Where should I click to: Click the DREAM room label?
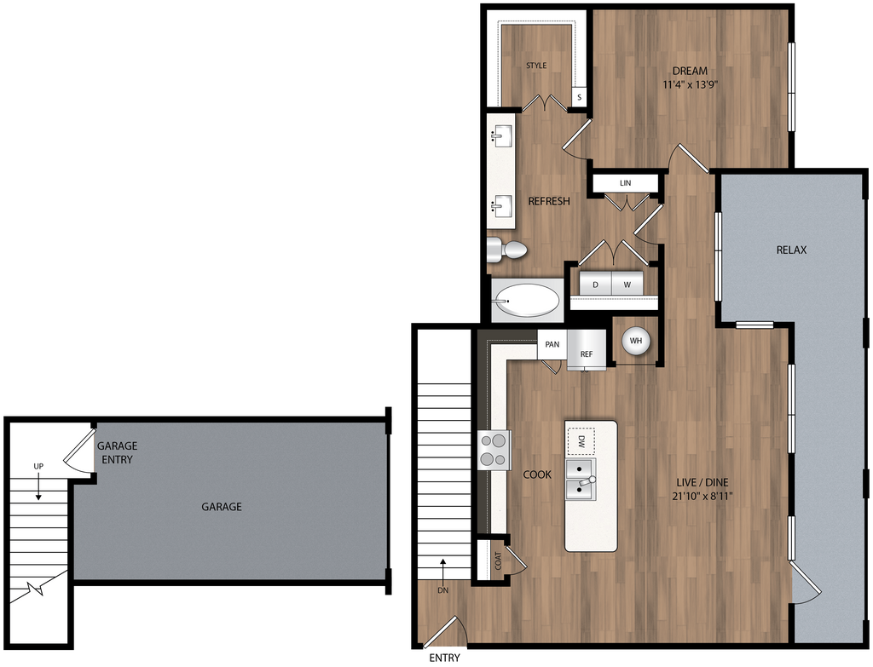(x=690, y=71)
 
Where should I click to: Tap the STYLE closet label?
(x=536, y=66)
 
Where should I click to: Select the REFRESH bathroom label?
(x=549, y=201)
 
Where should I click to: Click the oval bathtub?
(x=528, y=300)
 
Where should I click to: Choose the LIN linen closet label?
(x=625, y=183)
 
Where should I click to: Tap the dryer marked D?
(x=595, y=285)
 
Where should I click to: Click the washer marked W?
(x=627, y=285)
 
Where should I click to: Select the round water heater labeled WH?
(x=635, y=342)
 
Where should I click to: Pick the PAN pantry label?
(x=552, y=344)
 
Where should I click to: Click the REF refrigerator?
(x=587, y=352)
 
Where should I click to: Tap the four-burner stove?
(x=494, y=450)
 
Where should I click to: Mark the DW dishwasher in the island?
(x=581, y=441)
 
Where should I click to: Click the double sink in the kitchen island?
(x=581, y=480)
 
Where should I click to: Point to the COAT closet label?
(x=498, y=561)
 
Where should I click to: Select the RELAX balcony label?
(x=791, y=250)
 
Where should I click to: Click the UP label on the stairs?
(x=38, y=466)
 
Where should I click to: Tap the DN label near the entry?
(x=443, y=589)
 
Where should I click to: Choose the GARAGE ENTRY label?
(x=117, y=452)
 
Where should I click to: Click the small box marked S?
(x=579, y=97)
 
